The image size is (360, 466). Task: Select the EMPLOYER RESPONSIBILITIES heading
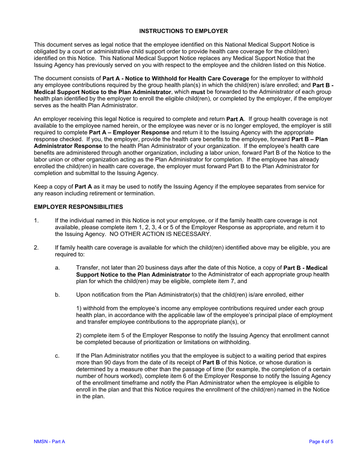78,207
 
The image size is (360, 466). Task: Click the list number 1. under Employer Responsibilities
36,220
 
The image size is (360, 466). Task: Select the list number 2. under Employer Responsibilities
36,248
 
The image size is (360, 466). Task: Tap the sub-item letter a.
57,268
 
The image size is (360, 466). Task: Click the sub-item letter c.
57,356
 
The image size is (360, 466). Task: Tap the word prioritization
177,342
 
